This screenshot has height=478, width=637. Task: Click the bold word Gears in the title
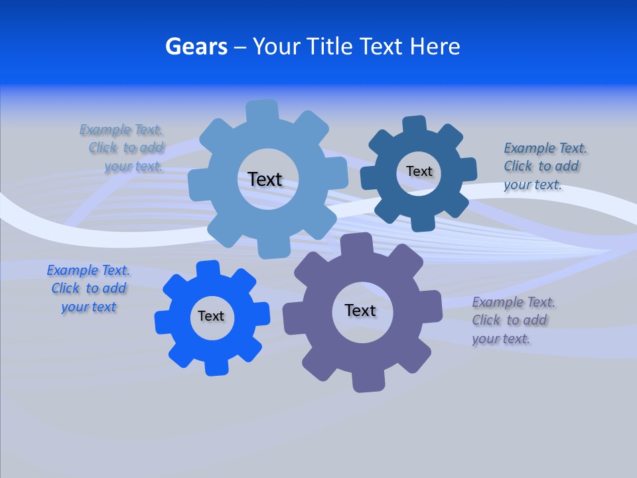point(196,46)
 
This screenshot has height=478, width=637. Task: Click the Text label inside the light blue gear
point(265,179)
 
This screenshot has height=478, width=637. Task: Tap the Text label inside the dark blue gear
point(419,171)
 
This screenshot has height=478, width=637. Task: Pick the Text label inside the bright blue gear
point(211,316)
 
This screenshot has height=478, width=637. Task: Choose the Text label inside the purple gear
point(360,310)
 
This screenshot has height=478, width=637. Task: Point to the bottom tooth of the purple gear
point(366,381)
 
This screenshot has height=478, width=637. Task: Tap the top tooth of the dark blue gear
point(415,125)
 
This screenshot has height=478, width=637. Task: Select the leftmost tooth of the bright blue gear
point(163,322)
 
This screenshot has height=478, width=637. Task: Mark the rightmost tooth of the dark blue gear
point(467,169)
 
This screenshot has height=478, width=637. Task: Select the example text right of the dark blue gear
point(544,166)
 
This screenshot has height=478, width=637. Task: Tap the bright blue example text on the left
point(88,289)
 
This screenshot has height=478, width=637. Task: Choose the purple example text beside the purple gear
point(512,321)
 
